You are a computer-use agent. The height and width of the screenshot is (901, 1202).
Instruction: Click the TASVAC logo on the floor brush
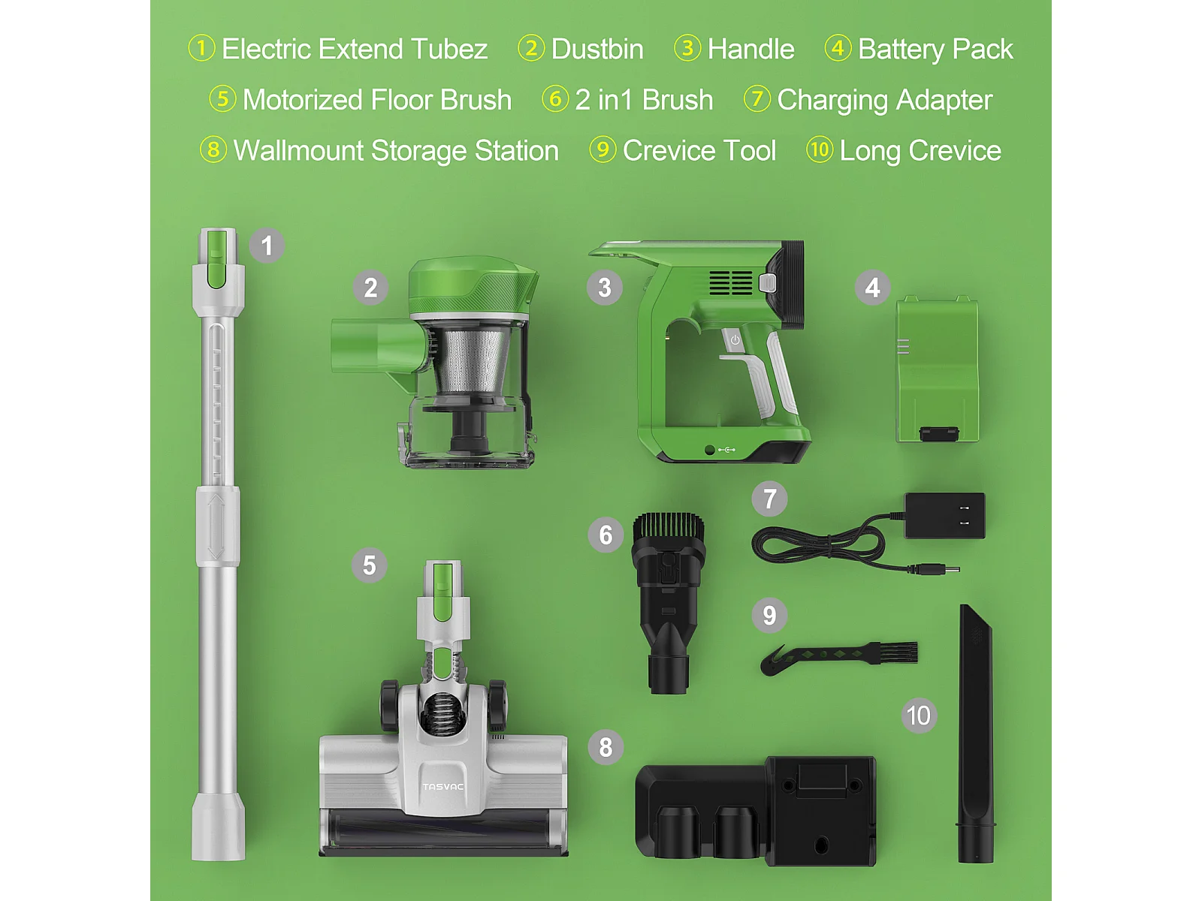coord(443,787)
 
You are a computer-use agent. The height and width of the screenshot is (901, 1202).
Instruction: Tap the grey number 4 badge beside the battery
coord(872,288)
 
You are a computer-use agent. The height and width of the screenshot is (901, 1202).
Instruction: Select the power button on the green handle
coord(735,339)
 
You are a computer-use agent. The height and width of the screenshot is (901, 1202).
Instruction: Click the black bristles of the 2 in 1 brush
coord(669,527)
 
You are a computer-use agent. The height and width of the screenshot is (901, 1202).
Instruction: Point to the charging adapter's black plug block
coord(944,515)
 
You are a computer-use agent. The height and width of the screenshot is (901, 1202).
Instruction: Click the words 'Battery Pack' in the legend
coord(935,50)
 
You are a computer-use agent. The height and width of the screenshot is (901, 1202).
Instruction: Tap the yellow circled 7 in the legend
coord(757,99)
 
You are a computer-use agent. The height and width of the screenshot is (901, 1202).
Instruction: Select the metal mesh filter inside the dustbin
coord(470,357)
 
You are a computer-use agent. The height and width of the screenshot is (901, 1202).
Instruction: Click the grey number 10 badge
coord(918,715)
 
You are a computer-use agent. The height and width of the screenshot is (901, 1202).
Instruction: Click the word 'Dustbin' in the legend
coord(597,50)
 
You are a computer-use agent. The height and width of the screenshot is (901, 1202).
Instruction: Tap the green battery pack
coord(937,369)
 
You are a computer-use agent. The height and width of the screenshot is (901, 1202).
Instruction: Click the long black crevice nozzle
coord(975,733)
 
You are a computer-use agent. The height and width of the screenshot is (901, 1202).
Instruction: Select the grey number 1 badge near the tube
coord(267,246)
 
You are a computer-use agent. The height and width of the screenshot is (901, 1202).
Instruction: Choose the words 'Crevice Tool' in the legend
coord(699,150)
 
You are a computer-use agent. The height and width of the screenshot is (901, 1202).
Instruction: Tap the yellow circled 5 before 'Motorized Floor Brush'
coord(222,99)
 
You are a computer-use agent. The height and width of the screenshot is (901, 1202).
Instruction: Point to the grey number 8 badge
coord(605,747)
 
